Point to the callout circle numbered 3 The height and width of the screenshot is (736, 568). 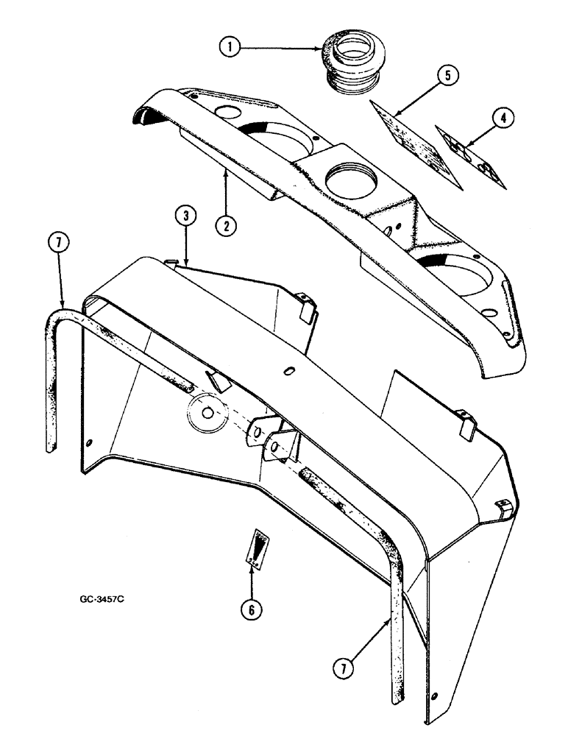186,217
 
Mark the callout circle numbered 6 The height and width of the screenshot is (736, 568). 252,608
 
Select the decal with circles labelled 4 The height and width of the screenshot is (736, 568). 470,157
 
